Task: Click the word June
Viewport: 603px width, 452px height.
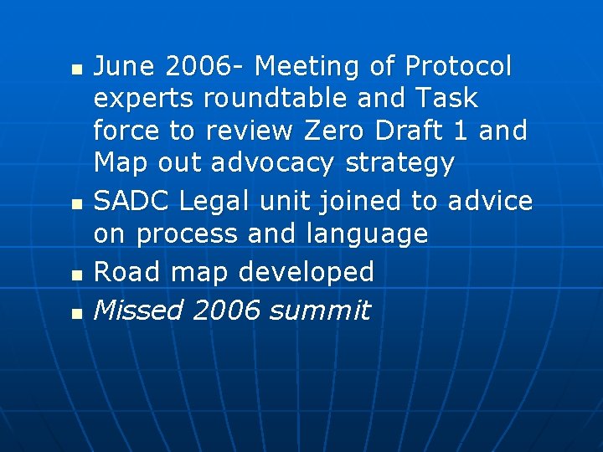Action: coord(125,65)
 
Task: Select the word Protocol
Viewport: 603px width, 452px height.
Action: coord(458,65)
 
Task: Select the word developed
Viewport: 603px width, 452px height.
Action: coord(307,271)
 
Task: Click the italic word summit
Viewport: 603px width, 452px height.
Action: coord(319,311)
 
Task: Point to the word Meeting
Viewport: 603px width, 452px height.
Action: coord(325,65)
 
